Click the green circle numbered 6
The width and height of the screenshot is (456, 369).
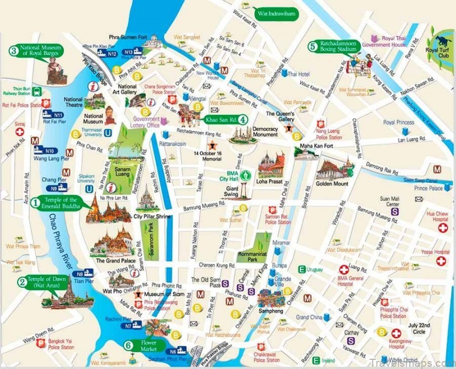click(129, 344)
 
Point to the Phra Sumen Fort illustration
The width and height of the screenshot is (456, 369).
click(151, 42)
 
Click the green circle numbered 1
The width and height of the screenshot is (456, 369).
click(35, 202)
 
